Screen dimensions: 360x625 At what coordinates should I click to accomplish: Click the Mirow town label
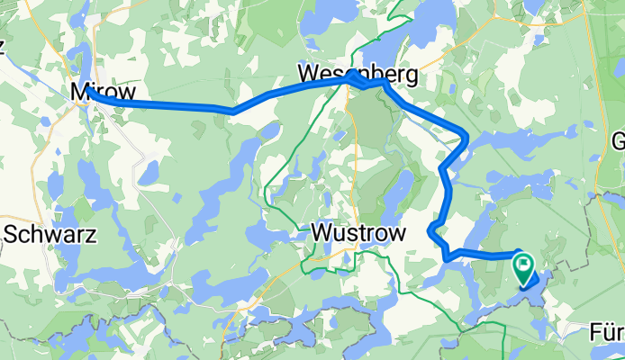[x=103, y=92]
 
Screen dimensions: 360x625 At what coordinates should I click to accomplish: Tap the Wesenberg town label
[x=358, y=74]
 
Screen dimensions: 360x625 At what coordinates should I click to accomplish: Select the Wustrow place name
[x=358, y=232]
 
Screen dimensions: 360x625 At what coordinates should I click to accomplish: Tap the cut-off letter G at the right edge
[x=618, y=142]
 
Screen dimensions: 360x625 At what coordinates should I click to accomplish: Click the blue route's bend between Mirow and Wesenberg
[x=231, y=111]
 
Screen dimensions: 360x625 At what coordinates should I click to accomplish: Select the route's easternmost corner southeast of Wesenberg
[x=466, y=137]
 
